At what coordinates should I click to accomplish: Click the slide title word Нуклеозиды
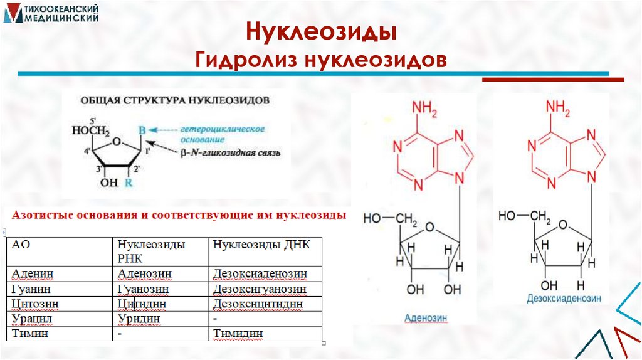(321, 32)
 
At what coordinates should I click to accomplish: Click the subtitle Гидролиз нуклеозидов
(321, 61)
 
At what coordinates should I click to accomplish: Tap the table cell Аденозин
(145, 274)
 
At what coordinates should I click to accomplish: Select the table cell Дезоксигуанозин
(260, 289)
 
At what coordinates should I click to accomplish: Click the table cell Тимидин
(238, 334)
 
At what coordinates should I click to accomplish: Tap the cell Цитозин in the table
(35, 304)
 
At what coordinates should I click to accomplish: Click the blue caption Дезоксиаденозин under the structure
(564, 299)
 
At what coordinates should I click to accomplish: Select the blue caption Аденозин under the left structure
(426, 318)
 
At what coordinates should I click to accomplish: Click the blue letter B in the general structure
(142, 130)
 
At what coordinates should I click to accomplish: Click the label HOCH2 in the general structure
(91, 132)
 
